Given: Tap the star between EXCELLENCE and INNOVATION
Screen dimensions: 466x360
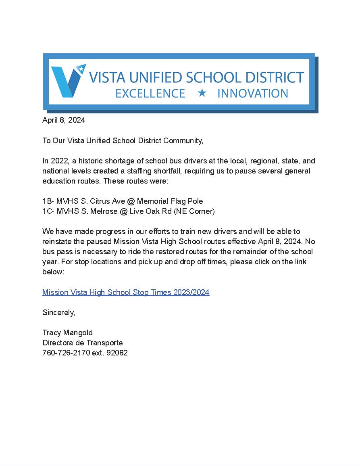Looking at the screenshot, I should click(202, 93).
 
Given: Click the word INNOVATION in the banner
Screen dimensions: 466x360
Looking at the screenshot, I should click(253, 94).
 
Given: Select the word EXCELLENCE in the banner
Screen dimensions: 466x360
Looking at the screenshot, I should click(150, 94).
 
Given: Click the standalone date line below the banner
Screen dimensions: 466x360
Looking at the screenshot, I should click(64, 120).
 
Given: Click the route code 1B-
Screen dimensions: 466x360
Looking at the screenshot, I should click(48, 201).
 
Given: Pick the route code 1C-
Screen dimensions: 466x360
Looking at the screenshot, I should click(48, 211).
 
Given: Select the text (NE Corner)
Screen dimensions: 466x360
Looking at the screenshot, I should click(194, 211).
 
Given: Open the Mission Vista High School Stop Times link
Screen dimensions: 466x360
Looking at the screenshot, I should click(126, 292).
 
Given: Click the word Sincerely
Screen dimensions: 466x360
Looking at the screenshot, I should click(58, 313).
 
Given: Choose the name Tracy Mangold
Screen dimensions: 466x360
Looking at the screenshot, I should click(67, 333).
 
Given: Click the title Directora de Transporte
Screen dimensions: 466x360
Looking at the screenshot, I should click(82, 343).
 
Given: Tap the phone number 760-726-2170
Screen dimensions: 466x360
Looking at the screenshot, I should click(67, 353).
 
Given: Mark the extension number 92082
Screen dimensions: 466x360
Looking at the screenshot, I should click(117, 353).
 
